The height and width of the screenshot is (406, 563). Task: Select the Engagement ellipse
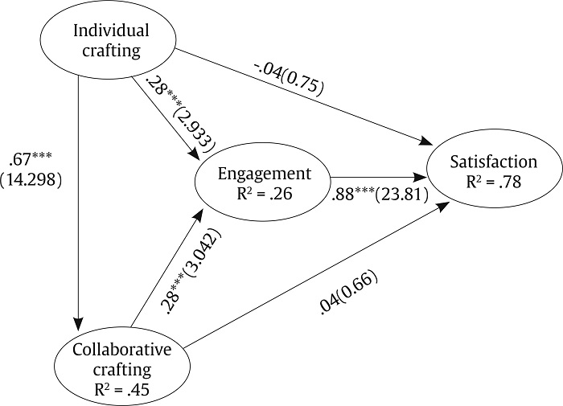(261, 182)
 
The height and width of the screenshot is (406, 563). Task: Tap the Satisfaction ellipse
(494, 171)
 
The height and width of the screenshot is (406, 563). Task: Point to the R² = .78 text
(494, 182)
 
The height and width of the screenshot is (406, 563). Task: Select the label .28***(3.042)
(191, 270)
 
